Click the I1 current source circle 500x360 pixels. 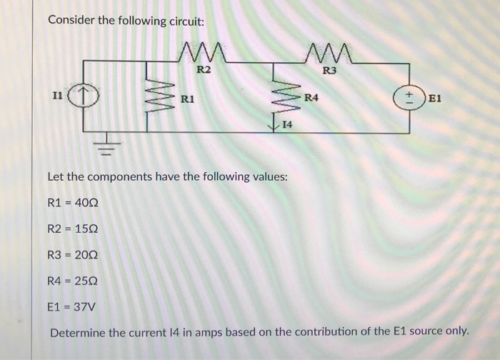tap(84, 94)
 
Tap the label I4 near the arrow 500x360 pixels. tap(287, 125)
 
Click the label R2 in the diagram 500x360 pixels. tap(204, 69)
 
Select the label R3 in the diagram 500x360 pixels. tap(329, 70)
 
